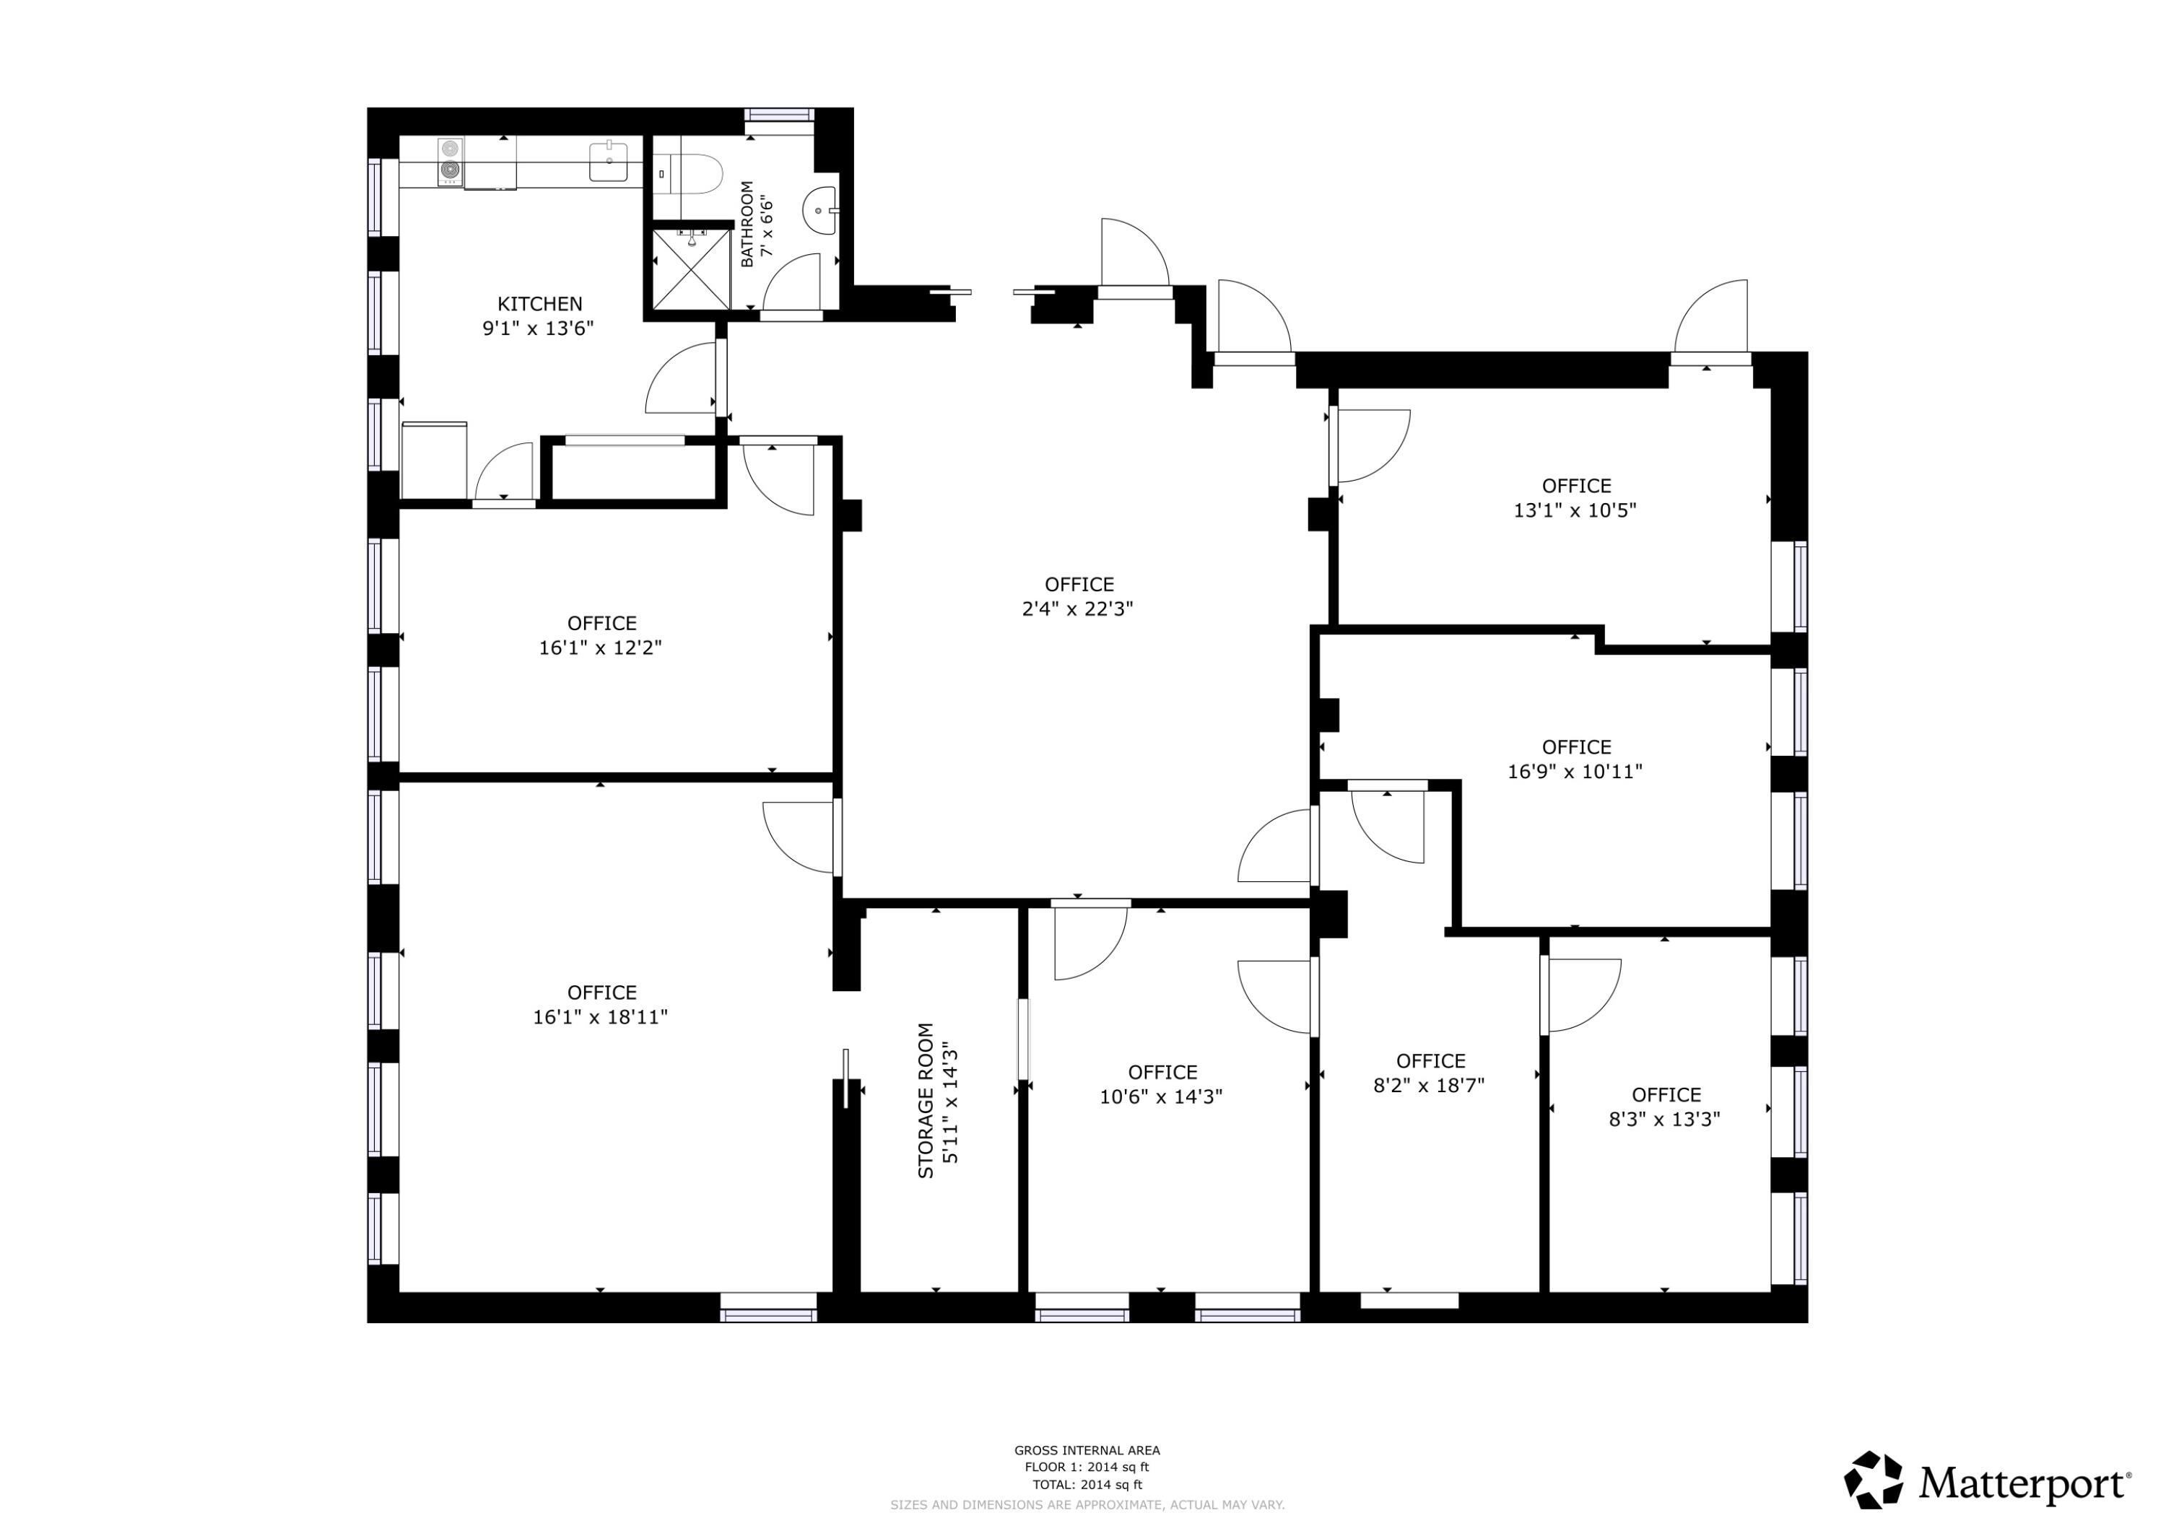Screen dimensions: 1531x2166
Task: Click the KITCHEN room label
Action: pos(539,304)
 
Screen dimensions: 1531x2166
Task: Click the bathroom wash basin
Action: pos(818,210)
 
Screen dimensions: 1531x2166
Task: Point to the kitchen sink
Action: pos(609,161)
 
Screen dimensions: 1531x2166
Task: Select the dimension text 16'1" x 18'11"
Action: pos(600,1017)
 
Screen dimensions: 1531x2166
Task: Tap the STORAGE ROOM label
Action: pos(926,1100)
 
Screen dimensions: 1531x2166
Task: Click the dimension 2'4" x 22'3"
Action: pos(1077,609)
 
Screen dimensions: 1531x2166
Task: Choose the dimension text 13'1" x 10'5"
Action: pos(1575,510)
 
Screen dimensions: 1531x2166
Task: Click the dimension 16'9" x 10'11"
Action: pos(1575,771)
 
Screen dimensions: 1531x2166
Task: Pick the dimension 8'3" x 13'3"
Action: pos(1664,1119)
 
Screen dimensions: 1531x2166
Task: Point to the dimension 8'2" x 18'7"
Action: pos(1430,1085)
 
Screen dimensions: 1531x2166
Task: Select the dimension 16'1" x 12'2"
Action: pos(600,647)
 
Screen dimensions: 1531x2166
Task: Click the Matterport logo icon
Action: pos(1874,1479)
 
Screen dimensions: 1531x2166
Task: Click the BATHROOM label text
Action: pos(747,224)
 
